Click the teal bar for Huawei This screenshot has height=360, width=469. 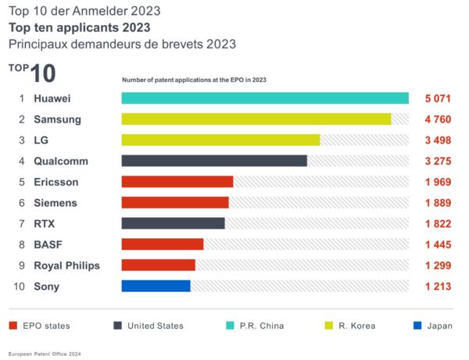click(265, 98)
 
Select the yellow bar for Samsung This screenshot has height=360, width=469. click(256, 119)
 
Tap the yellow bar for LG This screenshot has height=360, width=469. click(220, 140)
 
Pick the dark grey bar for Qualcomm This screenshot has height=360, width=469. click(214, 161)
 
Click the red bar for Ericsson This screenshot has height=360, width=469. click(177, 182)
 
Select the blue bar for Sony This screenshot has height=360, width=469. click(156, 286)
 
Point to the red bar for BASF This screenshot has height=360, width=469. click(163, 244)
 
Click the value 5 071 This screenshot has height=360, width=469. click(438, 98)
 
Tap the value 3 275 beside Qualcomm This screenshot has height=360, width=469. click(438, 161)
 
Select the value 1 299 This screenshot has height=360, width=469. click(438, 266)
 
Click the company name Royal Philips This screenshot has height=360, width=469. click(66, 266)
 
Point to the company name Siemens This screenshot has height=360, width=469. click(55, 203)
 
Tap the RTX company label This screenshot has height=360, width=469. click(45, 223)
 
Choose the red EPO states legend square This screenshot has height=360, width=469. click(13, 325)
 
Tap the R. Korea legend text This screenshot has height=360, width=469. click(356, 326)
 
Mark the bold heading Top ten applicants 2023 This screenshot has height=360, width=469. click(80, 28)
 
